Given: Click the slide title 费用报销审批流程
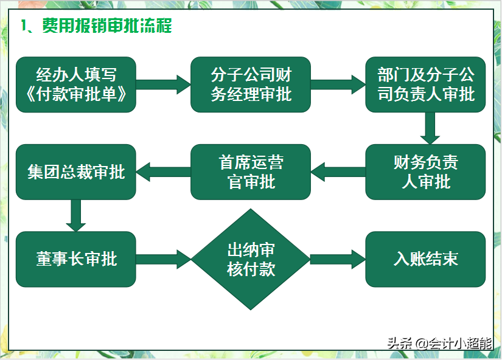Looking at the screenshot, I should (x=106, y=26).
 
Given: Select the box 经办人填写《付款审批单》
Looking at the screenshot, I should (x=76, y=85).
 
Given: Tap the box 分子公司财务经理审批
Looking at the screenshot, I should (x=251, y=85).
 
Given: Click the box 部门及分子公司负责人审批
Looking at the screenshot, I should (x=425, y=85).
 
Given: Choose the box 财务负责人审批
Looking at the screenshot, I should (x=425, y=172).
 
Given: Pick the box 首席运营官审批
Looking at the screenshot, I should (x=251, y=172).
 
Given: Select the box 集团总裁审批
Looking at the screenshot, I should (x=76, y=172).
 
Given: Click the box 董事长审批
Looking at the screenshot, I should (x=76, y=259).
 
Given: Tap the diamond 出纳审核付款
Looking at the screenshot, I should (x=251, y=259).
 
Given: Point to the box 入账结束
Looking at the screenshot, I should (x=425, y=259).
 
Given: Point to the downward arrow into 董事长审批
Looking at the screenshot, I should (x=76, y=215).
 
